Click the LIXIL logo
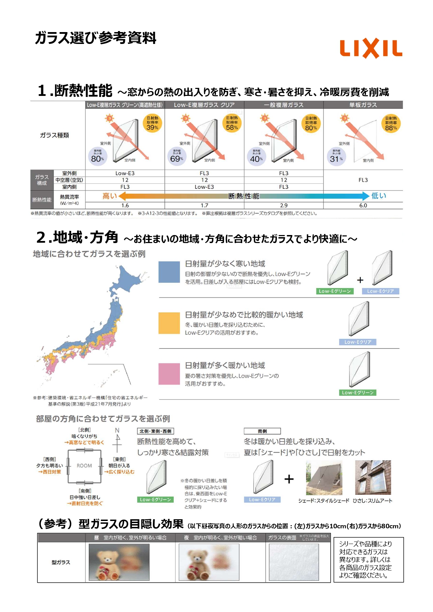(371, 48)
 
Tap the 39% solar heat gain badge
(152, 123)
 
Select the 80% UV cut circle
(97, 156)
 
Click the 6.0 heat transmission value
(363, 205)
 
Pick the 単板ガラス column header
(363, 105)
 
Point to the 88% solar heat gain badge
(391, 123)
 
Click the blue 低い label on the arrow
(379, 196)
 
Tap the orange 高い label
(110, 196)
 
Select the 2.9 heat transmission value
(284, 205)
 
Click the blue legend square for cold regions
(169, 272)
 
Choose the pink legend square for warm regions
(169, 374)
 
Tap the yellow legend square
(169, 323)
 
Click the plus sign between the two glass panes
(360, 280)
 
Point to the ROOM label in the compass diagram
(84, 466)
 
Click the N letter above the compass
(117, 430)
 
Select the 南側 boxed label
(262, 431)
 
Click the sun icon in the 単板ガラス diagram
(345, 118)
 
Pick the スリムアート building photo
(373, 477)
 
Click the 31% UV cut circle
(336, 156)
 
